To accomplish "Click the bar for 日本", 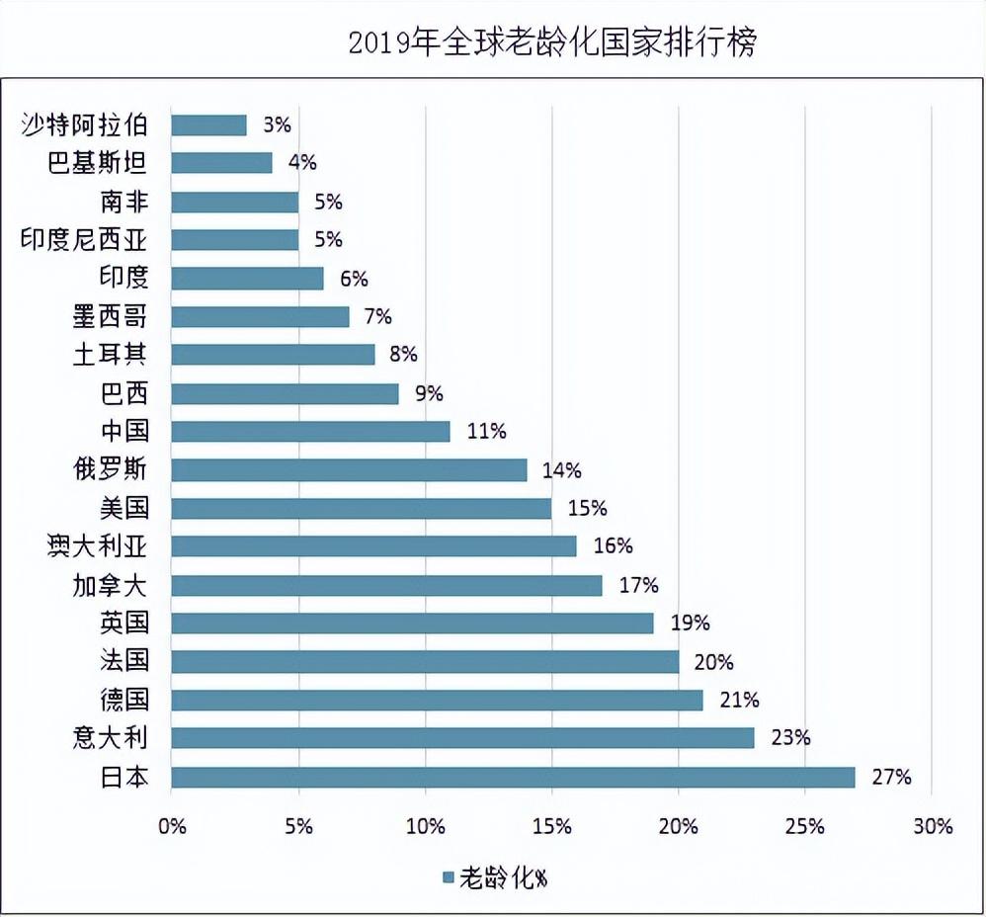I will point(513,777).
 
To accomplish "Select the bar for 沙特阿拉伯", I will point(208,125).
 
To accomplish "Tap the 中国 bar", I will point(310,431).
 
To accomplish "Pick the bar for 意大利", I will point(462,738).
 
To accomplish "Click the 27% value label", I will point(890,777).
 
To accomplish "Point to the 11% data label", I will point(486,431).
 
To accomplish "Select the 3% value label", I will point(277,125).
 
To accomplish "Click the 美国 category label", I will point(124,508).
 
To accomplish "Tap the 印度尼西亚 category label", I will point(84,239).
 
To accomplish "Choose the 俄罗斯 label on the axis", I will point(110,469).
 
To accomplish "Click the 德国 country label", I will point(124,700).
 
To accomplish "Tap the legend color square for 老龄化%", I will point(448,877).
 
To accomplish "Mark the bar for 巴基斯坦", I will point(221,162).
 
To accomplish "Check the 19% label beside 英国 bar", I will point(690,623).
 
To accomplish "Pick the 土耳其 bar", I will point(273,354).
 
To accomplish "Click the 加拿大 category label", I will point(110,585).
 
